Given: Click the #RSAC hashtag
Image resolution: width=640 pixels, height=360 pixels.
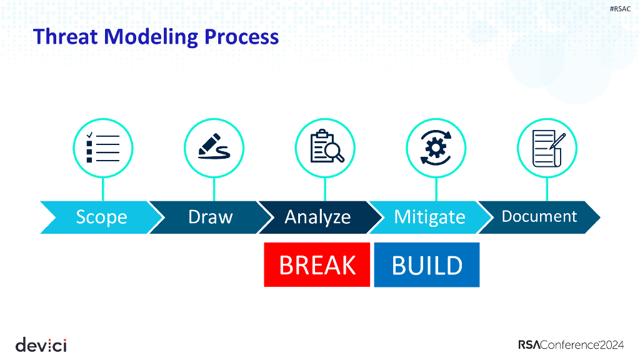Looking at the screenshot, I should point(620,9).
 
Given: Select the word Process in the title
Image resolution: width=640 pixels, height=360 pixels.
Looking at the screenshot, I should point(242,37).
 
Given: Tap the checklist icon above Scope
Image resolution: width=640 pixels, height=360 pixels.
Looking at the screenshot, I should point(102,148).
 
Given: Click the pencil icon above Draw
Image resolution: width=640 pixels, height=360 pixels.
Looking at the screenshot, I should point(214,148).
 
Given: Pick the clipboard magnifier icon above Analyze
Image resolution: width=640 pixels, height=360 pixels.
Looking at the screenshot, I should point(325,148).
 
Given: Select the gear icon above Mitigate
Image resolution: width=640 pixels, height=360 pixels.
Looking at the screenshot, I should point(436,148).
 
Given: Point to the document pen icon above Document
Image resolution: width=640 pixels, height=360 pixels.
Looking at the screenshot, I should point(547,148).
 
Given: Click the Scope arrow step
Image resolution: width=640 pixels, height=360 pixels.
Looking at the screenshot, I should point(100,217).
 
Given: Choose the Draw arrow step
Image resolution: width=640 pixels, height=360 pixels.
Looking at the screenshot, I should point(210,217).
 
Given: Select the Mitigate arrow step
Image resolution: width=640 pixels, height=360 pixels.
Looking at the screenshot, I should point(429,217).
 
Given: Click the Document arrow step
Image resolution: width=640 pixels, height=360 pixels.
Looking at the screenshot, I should point(539,217).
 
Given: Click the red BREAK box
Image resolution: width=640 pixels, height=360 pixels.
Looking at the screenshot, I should point(317,265).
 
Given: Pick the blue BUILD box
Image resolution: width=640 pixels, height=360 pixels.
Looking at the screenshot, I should point(427,265).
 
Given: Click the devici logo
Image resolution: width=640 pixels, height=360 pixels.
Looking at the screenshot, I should point(41,344).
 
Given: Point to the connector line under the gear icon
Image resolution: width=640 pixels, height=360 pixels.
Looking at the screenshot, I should point(436,189).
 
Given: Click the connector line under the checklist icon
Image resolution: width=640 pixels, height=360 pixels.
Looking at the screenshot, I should point(102,189).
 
